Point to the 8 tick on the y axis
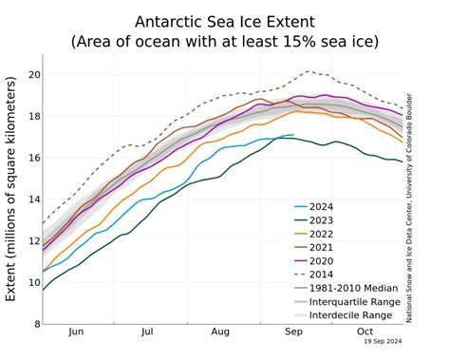point(35,324)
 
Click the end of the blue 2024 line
point(293,135)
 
